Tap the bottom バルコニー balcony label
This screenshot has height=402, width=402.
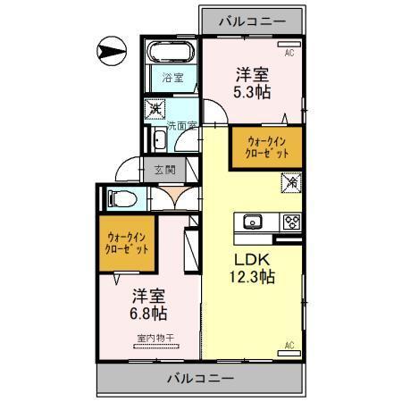pos(201,379)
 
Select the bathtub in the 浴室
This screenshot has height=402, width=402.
pos(170,51)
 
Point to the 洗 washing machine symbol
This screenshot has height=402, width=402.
pos(155,109)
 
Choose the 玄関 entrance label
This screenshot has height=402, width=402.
pos(164,169)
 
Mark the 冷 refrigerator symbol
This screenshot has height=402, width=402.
pos(292,183)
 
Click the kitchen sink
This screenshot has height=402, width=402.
pos(250,222)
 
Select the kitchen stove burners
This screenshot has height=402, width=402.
pos(290,222)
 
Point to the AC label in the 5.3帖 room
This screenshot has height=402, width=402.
pos(289,53)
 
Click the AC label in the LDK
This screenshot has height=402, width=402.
pos(289,345)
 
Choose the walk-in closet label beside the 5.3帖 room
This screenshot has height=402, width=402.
pos(267,147)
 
